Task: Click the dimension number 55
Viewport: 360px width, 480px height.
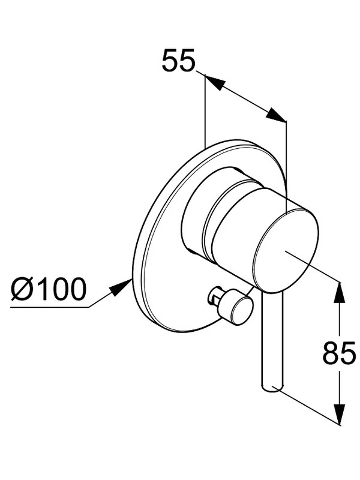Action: point(178,61)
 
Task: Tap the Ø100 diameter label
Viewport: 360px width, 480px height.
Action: point(49,289)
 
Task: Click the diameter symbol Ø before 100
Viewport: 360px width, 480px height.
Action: point(22,289)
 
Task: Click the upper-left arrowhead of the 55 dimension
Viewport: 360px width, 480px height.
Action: point(214,81)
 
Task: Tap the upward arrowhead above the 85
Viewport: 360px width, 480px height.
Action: point(339,292)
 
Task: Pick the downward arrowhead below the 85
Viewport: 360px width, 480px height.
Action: point(339,414)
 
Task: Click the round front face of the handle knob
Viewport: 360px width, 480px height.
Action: point(286,250)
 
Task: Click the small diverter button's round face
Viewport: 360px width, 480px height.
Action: point(242,311)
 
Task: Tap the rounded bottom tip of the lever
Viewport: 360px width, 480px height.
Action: point(272,387)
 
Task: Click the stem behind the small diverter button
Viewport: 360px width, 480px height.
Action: point(216,298)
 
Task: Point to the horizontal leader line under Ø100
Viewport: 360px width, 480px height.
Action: point(50,307)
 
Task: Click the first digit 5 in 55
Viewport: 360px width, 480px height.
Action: point(170,61)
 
